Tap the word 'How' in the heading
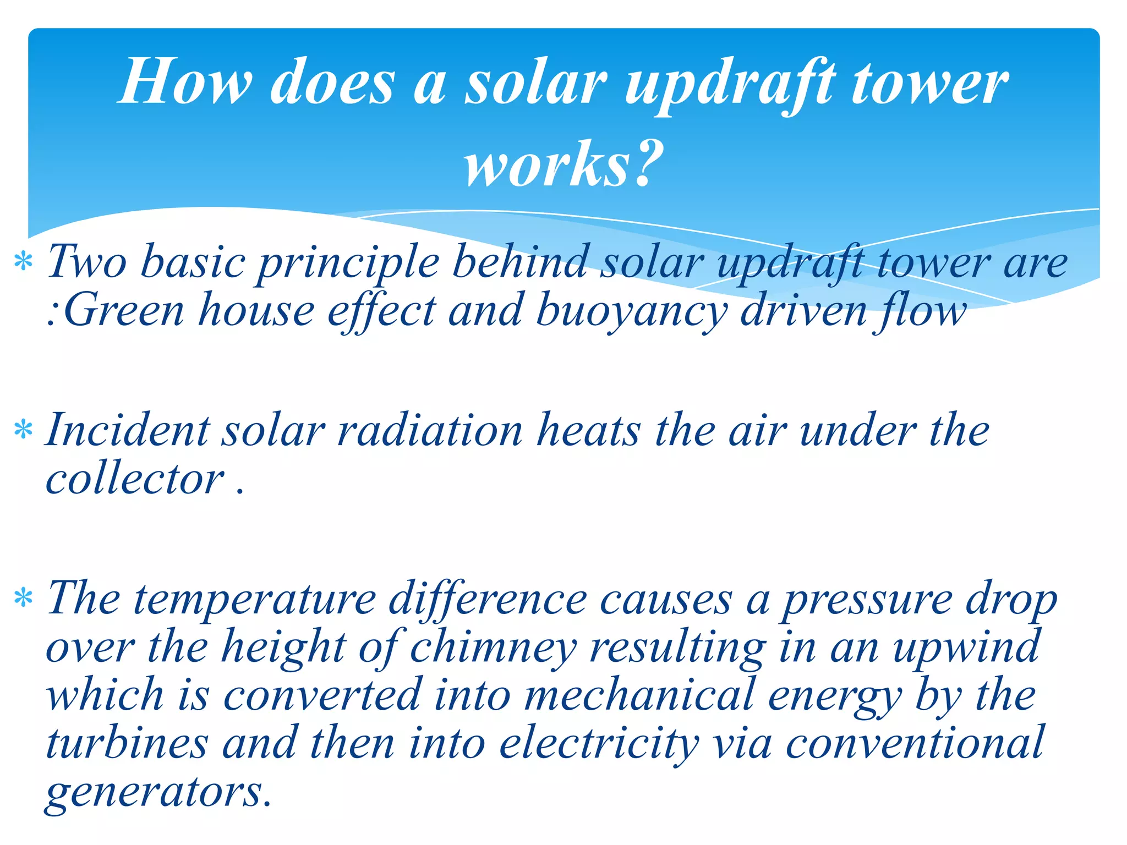(x=185, y=83)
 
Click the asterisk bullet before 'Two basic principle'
(x=24, y=262)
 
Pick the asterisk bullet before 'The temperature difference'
(x=24, y=598)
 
